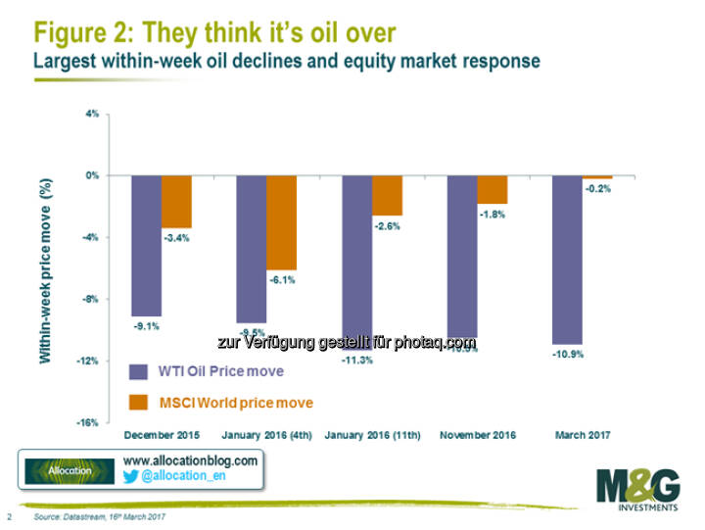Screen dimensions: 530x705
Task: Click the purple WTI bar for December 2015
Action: click(x=147, y=245)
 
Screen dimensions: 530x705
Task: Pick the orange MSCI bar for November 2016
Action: click(x=493, y=189)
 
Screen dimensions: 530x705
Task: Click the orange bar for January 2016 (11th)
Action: click(x=387, y=195)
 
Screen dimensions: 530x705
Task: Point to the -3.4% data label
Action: click(x=177, y=237)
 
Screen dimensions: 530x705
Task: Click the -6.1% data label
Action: click(x=282, y=279)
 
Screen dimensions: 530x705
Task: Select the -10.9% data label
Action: click(x=568, y=353)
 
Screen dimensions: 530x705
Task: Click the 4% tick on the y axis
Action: click(x=92, y=114)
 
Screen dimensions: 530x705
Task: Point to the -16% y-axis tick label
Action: click(x=88, y=422)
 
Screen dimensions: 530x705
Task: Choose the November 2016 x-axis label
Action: click(x=477, y=432)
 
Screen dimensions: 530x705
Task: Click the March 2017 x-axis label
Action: click(x=583, y=432)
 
